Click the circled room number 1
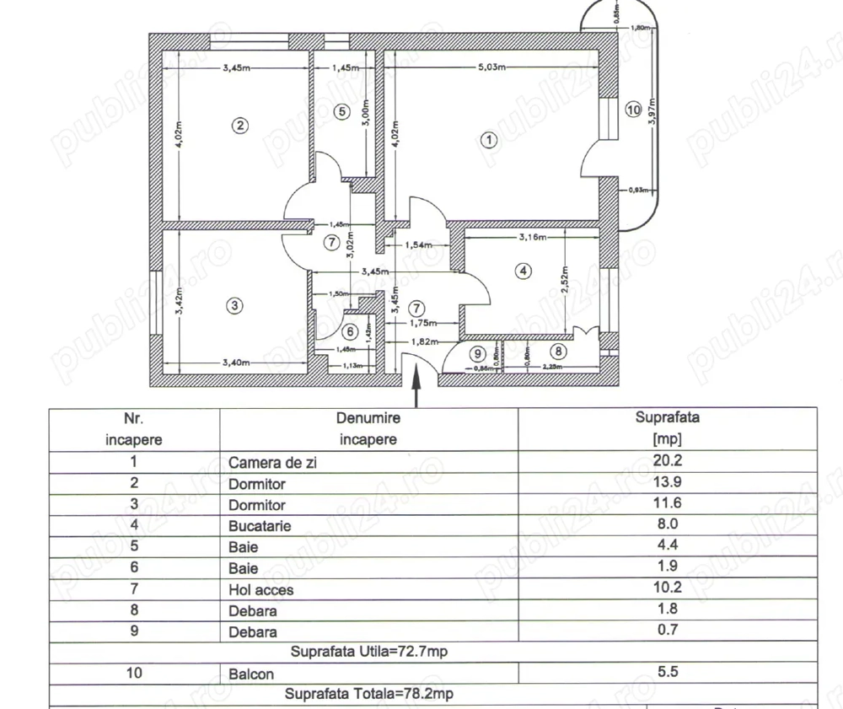tap(488, 141)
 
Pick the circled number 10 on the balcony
tap(634, 110)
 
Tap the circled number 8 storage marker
tap(561, 352)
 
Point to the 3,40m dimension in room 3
tap(237, 363)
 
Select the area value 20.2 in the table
tap(667, 462)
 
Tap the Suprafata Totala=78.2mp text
tap(368, 695)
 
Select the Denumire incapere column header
tap(368, 428)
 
